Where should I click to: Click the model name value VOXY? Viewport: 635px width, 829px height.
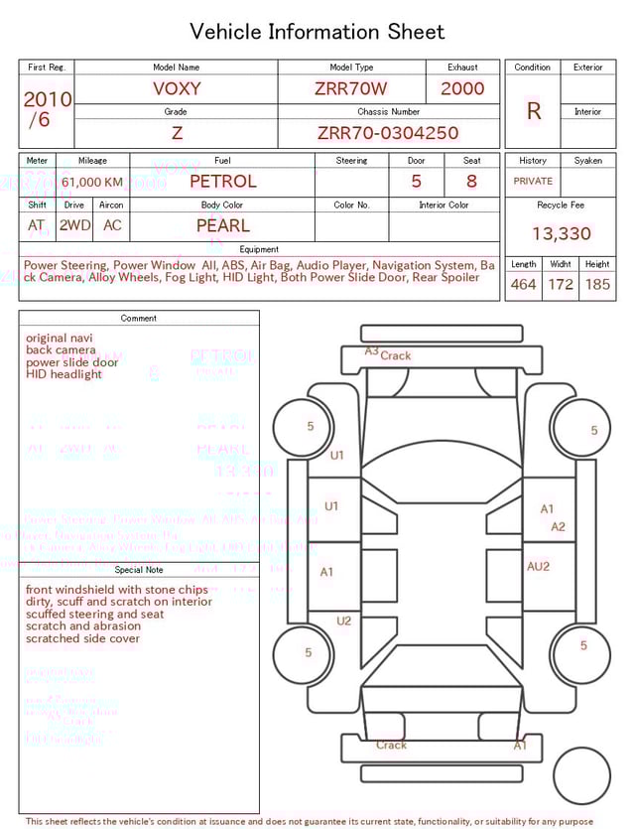click(x=177, y=88)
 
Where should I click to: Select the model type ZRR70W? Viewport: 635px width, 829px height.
click(x=350, y=88)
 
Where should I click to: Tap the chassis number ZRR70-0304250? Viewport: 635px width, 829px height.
click(x=388, y=133)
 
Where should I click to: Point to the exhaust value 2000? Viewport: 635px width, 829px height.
click(x=462, y=88)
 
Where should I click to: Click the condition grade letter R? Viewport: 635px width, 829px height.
click(x=533, y=111)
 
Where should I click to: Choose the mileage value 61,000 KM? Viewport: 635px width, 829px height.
click(x=92, y=183)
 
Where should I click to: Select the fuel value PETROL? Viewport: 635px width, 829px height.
click(x=222, y=182)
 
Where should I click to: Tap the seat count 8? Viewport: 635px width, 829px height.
click(x=471, y=182)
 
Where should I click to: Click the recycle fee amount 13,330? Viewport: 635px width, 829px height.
click(x=561, y=234)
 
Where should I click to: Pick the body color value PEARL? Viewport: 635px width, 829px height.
click(x=222, y=225)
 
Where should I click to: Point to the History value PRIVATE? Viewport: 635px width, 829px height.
click(x=533, y=182)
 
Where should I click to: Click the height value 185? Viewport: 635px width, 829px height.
click(x=597, y=285)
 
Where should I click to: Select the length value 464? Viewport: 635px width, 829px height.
click(x=523, y=285)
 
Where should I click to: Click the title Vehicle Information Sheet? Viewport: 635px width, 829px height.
click(x=317, y=32)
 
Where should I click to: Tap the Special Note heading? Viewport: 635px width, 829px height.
click(x=139, y=570)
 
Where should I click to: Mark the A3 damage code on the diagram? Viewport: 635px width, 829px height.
click(x=371, y=350)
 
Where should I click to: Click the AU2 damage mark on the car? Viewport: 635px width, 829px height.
click(x=538, y=567)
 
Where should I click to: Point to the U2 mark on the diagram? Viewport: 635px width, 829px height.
click(x=343, y=621)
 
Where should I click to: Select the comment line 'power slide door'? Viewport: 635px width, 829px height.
click(x=71, y=362)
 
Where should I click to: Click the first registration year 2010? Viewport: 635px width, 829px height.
click(x=47, y=99)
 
